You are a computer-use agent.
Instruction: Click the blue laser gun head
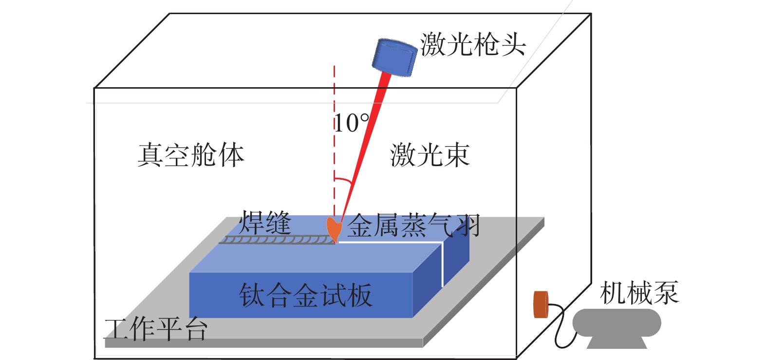(x=395, y=57)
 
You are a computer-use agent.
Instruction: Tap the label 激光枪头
(x=473, y=44)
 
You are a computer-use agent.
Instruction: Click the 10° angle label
(x=351, y=123)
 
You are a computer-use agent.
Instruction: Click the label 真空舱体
(x=190, y=155)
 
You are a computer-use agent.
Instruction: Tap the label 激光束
(x=430, y=155)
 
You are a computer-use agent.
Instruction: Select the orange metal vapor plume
(x=334, y=228)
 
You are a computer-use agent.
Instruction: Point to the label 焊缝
(x=265, y=223)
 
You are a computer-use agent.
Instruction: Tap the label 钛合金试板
(x=305, y=295)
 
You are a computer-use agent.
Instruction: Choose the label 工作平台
(x=156, y=329)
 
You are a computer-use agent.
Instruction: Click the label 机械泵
(x=639, y=293)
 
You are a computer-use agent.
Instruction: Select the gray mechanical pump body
(x=617, y=324)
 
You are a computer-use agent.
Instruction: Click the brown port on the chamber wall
(x=541, y=304)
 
